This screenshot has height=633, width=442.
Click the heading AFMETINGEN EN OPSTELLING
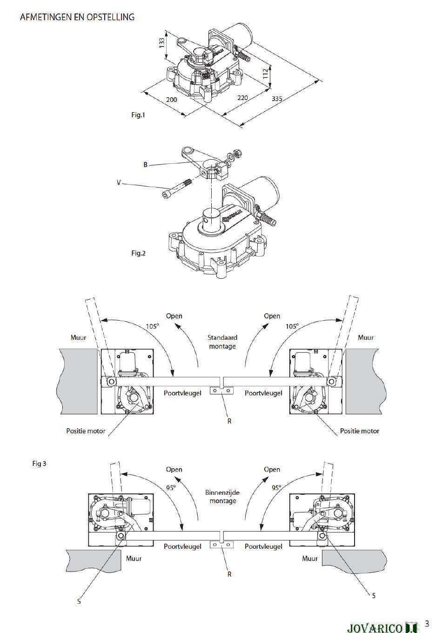point(77,17)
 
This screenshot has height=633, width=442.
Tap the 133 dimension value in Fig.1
point(162,43)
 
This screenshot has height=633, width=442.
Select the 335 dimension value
point(277,99)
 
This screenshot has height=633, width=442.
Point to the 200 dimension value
point(171,100)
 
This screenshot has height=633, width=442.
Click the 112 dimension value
point(265,74)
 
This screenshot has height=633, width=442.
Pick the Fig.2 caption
point(138,253)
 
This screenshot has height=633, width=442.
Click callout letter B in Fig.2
point(146,165)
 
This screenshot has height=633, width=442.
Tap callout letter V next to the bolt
point(119,182)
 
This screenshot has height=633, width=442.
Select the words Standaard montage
point(222,342)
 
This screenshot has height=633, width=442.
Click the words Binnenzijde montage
point(222,497)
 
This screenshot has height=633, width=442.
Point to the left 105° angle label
point(152,326)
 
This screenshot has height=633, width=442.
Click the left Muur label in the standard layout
point(78,337)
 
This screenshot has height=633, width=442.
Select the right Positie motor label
point(360,431)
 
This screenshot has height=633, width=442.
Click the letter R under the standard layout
point(229,421)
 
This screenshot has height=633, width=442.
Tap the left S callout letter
point(79,601)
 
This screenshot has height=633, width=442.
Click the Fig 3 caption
point(39,464)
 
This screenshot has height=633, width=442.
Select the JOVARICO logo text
point(375,627)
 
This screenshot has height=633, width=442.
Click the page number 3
point(427,623)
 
